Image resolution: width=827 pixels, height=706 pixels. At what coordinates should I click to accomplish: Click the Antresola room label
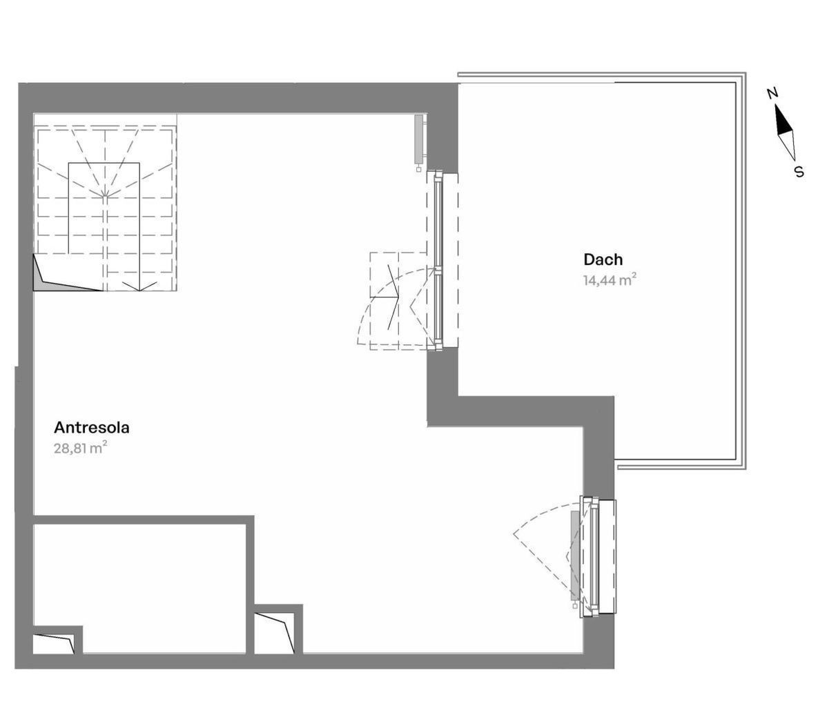pyautogui.click(x=92, y=427)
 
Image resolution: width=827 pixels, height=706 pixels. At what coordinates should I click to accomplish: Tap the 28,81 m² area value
pyautogui.click(x=81, y=448)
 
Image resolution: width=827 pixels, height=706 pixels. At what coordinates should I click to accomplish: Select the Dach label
pyautogui.click(x=603, y=259)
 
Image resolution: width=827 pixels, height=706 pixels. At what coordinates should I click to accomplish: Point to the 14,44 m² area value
pyautogui.click(x=609, y=280)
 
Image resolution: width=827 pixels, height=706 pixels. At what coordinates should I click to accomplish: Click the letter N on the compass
pyautogui.click(x=772, y=93)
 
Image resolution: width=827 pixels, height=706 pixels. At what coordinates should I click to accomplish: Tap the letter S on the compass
pyautogui.click(x=799, y=171)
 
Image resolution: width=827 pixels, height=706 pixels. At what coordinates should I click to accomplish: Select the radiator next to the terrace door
pyautogui.click(x=419, y=139)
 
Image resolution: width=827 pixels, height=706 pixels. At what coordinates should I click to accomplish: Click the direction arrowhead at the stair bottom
pyautogui.click(x=139, y=286)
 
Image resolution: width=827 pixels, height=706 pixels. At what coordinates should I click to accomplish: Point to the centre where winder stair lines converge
pyautogui.click(x=105, y=196)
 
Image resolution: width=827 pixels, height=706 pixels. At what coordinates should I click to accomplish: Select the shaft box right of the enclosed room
pyautogui.click(x=274, y=633)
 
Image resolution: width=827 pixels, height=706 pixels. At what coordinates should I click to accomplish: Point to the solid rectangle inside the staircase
pyautogui.click(x=104, y=208)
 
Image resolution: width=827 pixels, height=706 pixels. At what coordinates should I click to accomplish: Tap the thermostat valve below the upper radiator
pyautogui.click(x=419, y=168)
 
